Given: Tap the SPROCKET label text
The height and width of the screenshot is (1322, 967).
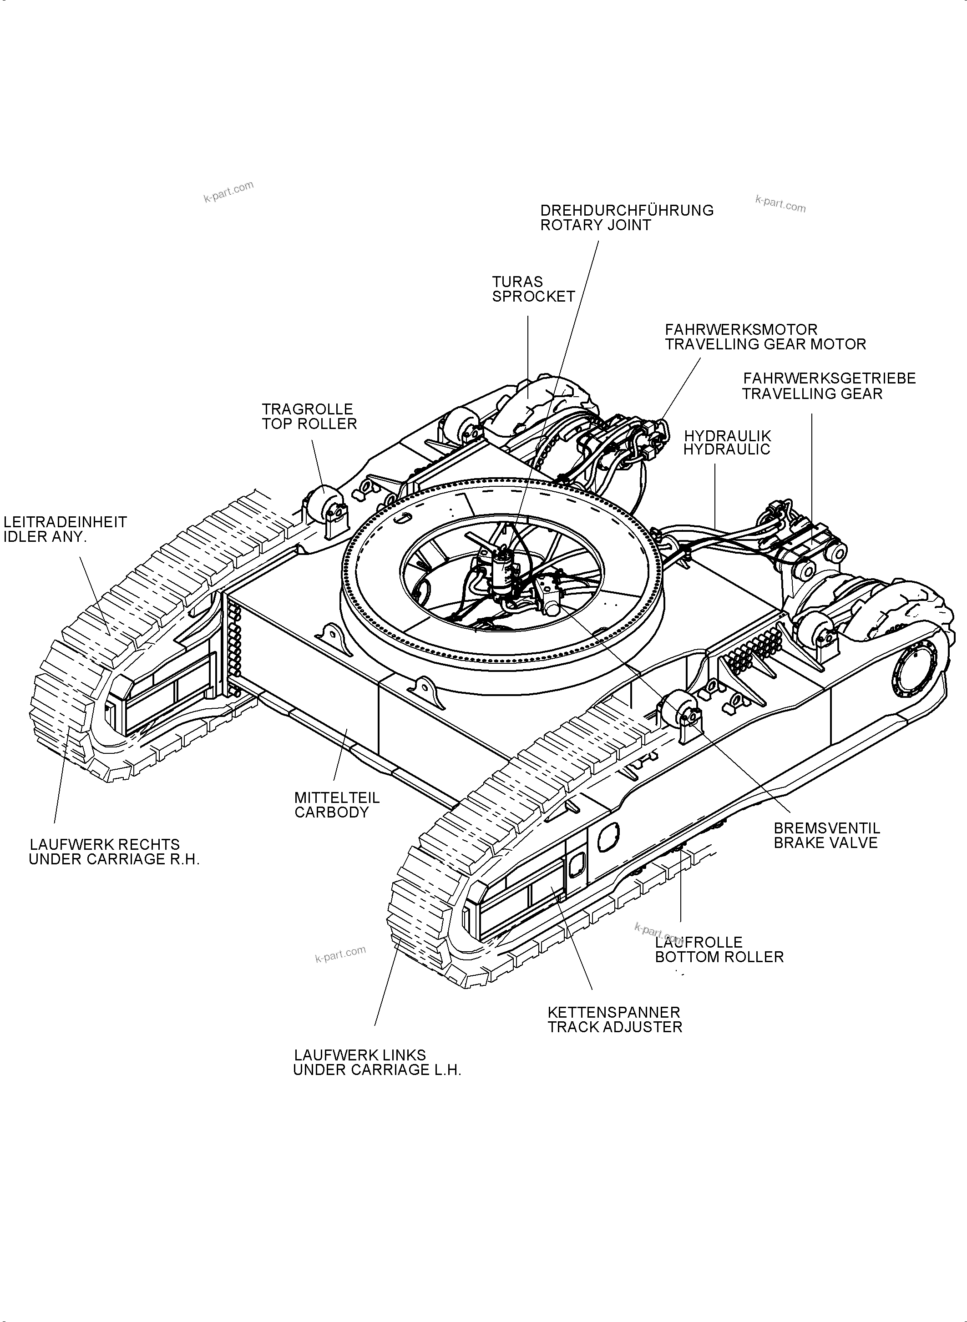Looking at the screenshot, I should click(533, 297).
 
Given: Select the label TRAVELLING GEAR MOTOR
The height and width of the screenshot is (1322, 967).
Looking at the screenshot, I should click(764, 344).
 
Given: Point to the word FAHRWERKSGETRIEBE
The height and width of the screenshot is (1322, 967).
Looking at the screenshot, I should click(829, 378).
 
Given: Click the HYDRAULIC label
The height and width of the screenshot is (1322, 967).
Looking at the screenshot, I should click(727, 449).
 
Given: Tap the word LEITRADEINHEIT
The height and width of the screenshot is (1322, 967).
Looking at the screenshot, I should click(65, 522).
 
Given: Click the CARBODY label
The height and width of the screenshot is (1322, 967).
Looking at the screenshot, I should click(331, 812).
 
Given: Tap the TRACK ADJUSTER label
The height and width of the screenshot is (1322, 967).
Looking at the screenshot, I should click(615, 1027).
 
